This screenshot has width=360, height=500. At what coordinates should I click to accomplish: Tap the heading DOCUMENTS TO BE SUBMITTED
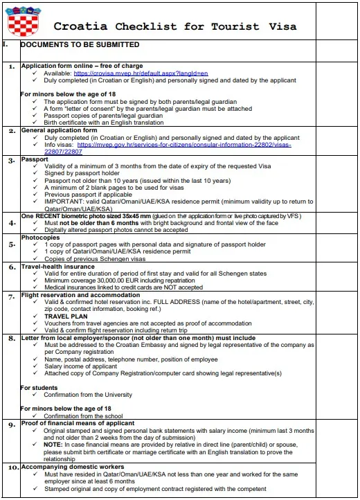(x=80, y=45)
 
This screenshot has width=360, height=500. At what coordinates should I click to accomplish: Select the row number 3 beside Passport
(x=11, y=161)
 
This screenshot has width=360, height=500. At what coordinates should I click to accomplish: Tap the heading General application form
(x=59, y=130)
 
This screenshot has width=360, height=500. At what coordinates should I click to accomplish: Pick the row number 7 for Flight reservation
(x=11, y=296)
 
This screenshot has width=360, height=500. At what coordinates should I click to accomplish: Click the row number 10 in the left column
(x=12, y=468)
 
